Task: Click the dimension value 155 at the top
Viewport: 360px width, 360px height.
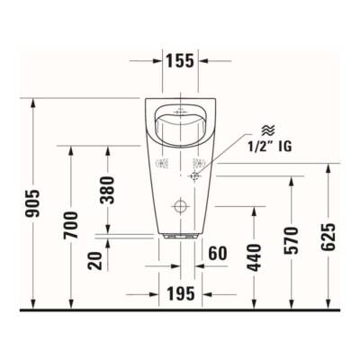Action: point(178,61)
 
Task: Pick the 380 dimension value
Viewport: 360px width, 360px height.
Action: point(108,189)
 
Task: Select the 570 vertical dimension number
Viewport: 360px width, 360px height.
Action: point(291,241)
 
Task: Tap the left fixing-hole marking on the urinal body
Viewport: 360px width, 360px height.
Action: point(163,165)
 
